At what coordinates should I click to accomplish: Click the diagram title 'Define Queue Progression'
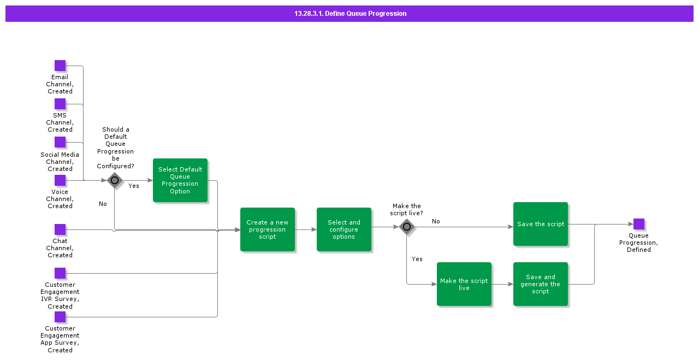point(350,14)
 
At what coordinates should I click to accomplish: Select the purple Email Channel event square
point(60,66)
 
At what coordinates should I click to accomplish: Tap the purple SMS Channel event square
point(60,104)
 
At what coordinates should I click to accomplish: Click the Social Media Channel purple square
point(60,142)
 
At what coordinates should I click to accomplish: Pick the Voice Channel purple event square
point(60,180)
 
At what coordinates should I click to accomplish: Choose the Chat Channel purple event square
point(60,229)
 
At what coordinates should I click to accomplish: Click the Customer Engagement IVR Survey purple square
point(60,273)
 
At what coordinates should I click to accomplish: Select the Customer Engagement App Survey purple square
point(60,317)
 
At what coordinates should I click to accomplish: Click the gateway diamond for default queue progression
point(115,180)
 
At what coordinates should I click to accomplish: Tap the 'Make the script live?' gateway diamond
point(407,227)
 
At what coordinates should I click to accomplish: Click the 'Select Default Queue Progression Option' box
point(180,180)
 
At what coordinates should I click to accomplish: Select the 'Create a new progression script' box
point(268,229)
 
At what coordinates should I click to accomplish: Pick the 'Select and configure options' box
point(344,229)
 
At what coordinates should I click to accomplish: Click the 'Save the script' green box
point(541,224)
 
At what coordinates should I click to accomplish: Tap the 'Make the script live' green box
point(464,284)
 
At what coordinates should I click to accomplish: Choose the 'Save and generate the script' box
point(541,284)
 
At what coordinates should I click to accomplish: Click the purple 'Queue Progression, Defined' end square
point(639,224)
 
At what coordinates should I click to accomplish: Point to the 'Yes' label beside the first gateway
point(134,186)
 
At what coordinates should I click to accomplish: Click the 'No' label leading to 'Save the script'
point(436,221)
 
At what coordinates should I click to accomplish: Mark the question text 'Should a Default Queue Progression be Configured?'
point(115,148)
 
